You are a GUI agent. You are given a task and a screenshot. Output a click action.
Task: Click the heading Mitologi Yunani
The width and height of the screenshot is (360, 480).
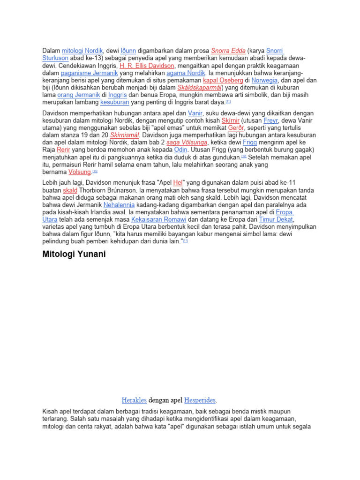tap(74, 255)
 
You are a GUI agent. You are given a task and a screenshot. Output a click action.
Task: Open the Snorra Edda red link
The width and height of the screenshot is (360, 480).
tap(228, 51)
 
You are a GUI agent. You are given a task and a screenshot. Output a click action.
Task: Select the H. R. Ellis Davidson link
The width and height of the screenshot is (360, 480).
tap(147, 66)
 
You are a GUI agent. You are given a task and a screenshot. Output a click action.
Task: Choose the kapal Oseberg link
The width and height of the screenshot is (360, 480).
tap(223, 81)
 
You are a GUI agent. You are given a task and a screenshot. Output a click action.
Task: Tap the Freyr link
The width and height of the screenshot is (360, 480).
tap(270, 120)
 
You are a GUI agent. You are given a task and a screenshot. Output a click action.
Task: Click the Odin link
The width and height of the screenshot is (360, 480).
tap(180, 150)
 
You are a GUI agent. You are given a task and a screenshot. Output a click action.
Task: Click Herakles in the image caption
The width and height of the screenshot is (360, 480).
tap(134, 401)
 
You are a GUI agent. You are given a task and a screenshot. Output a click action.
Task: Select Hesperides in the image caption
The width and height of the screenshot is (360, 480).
tap(200, 401)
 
